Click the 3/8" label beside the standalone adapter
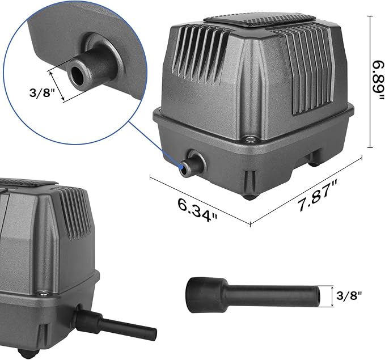coord(348,295)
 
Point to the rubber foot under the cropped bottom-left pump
coord(26,353)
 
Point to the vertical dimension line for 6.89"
coord(370,81)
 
